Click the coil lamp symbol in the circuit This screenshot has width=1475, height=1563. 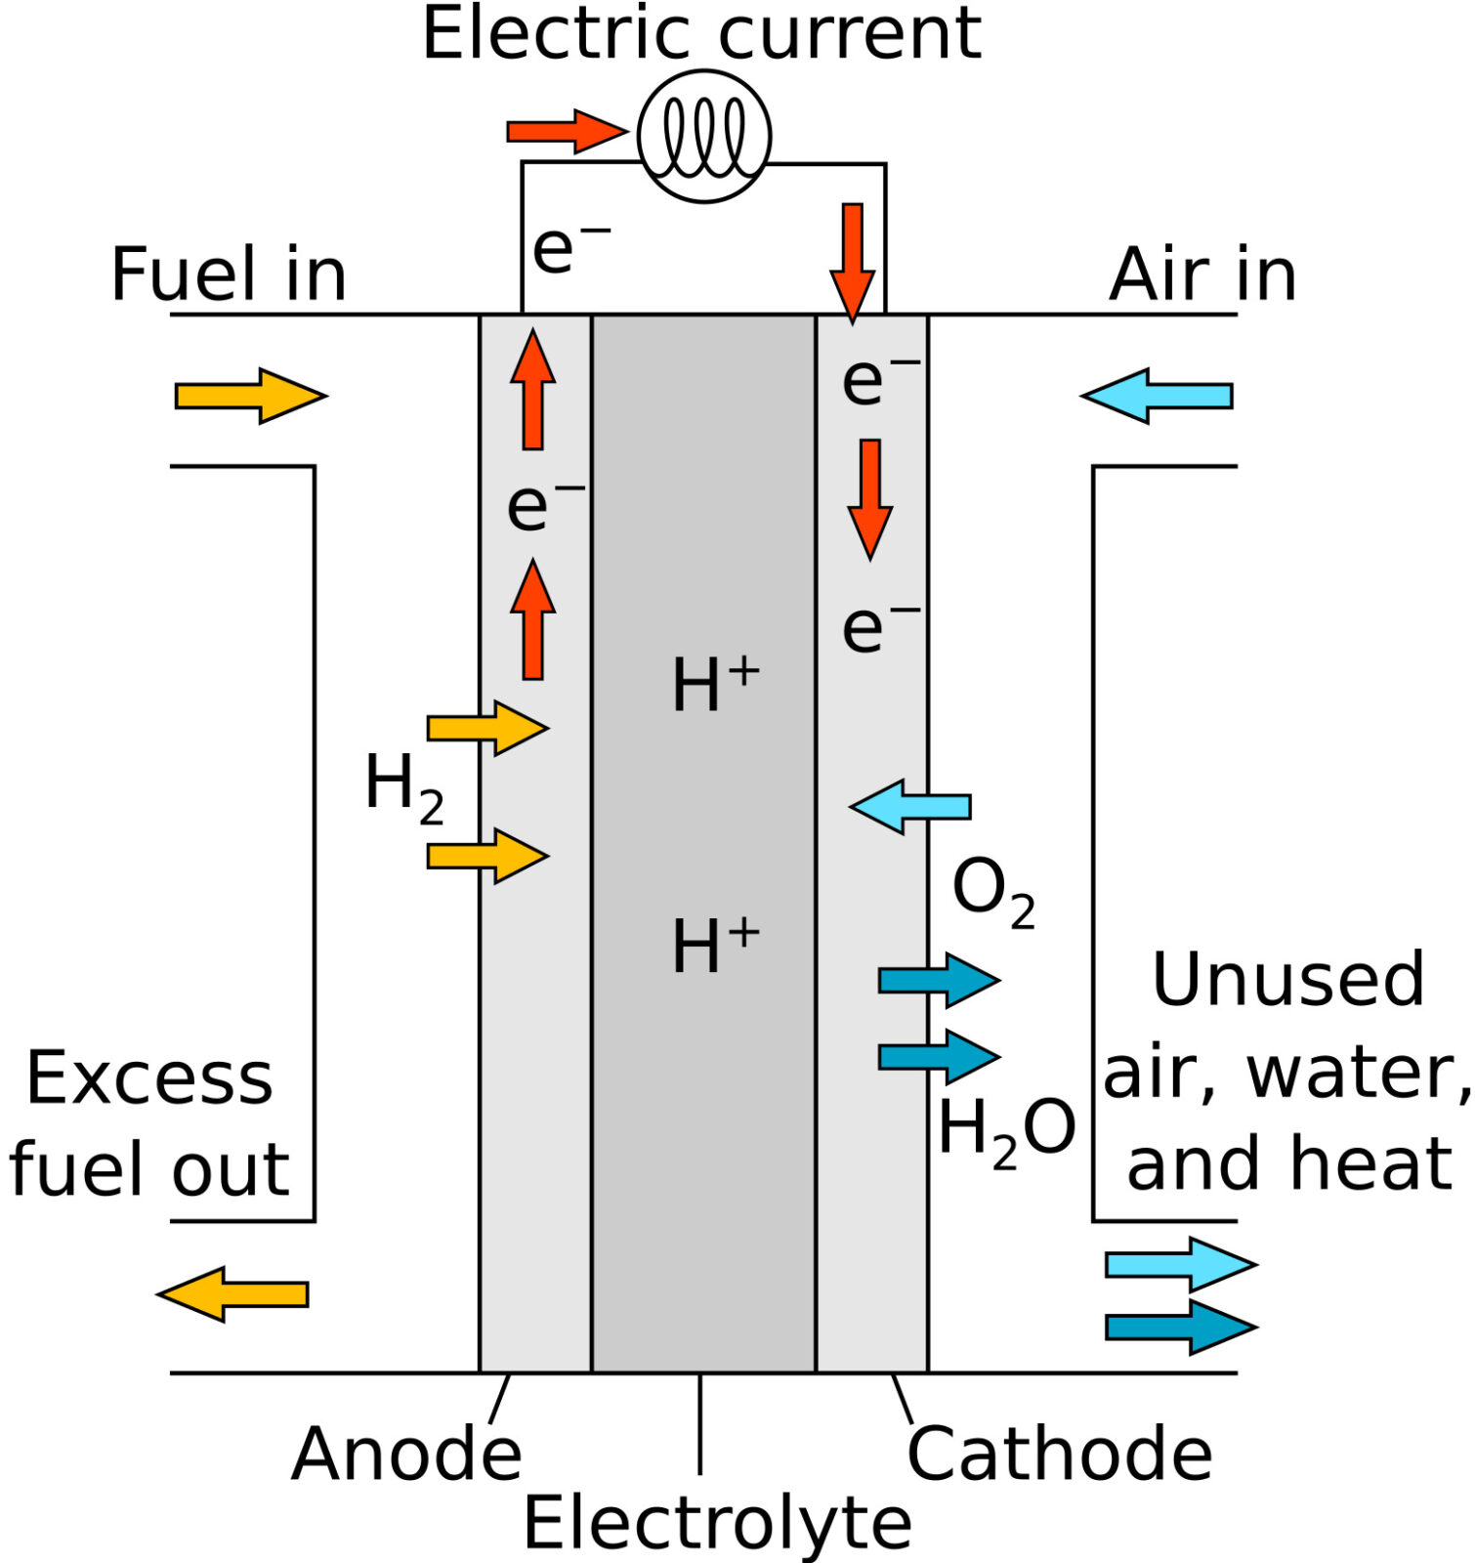[703, 137]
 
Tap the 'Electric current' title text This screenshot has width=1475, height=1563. [701, 33]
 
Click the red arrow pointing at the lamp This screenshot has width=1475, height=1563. [565, 131]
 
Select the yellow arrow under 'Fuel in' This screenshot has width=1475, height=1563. [248, 396]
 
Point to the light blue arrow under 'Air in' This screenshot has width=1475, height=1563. [1158, 396]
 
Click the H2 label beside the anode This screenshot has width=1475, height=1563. [403, 787]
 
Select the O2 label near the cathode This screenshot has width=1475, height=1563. [992, 891]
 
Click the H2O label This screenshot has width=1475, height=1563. [1006, 1131]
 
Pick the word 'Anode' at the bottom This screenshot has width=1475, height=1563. [406, 1455]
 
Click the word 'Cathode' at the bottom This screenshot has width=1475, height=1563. [1060, 1455]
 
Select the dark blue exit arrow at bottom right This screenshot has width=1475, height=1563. [1180, 1327]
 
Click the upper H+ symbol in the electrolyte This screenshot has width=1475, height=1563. [715, 684]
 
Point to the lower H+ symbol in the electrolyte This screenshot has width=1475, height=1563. [715, 946]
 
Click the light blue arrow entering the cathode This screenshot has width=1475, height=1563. [910, 807]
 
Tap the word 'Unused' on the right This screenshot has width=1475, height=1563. [1288, 979]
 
